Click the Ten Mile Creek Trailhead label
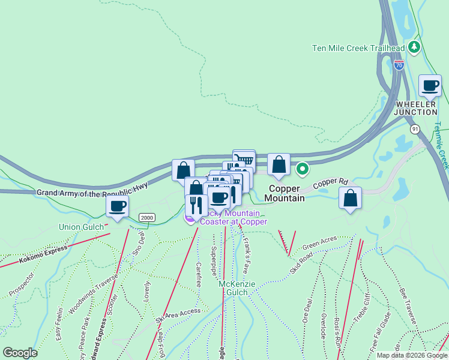pos(358,48)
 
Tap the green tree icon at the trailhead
pos(413,47)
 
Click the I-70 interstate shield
pos(399,64)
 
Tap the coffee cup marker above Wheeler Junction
pos(430,86)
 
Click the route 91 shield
pos(415,129)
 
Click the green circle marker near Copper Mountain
pos(303,169)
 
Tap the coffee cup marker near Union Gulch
pos(117,207)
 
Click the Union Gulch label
pos(82,227)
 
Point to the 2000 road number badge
pos(146,217)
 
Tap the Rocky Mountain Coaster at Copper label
pos(231,217)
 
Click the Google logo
pos(20,353)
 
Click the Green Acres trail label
pos(320,245)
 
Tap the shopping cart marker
pos(244,160)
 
